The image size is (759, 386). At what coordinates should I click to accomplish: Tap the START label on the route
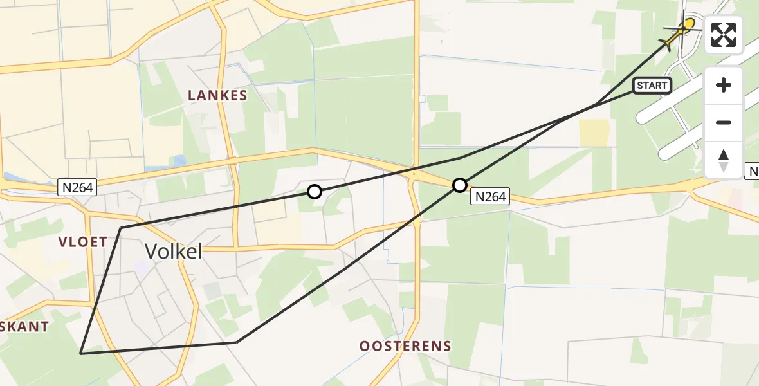(652, 86)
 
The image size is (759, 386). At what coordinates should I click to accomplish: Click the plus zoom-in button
(724, 85)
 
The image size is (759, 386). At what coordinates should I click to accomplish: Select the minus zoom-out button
(724, 122)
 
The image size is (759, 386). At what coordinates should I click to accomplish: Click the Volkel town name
(173, 252)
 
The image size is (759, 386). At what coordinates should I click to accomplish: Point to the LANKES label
(217, 96)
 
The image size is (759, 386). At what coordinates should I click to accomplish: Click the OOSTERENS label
(405, 346)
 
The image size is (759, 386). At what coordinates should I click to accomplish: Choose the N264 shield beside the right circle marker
(490, 197)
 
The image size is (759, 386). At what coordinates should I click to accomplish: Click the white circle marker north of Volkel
(314, 191)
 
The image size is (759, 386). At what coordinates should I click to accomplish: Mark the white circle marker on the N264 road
(459, 185)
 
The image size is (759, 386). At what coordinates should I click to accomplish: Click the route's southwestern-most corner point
(80, 353)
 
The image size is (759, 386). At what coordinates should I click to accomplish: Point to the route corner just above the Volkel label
(121, 228)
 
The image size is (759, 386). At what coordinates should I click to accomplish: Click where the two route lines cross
(596, 104)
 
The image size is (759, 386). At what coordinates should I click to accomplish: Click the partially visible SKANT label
(24, 327)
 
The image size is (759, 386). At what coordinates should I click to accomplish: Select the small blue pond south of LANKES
(179, 161)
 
